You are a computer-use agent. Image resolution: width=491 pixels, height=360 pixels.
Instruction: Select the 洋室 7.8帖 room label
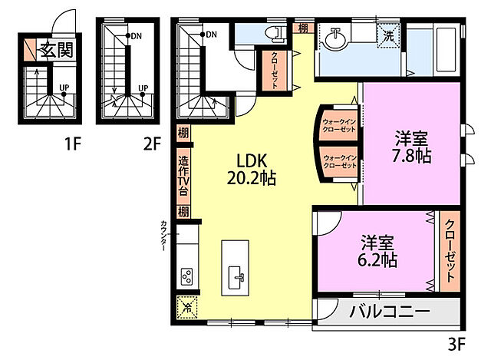412,147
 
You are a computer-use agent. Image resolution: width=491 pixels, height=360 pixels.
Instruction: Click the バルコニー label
390,312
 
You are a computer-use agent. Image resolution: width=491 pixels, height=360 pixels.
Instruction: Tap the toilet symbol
271,34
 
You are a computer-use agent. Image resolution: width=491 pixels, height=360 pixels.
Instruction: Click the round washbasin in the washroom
334,36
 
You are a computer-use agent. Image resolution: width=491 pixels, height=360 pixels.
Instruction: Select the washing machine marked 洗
390,35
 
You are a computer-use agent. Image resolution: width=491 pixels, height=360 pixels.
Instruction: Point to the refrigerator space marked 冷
186,306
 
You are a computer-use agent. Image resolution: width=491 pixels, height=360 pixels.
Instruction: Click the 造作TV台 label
183,177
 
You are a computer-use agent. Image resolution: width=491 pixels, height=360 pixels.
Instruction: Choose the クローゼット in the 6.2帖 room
450,249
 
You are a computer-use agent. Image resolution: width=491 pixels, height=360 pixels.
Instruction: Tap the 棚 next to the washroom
304,29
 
